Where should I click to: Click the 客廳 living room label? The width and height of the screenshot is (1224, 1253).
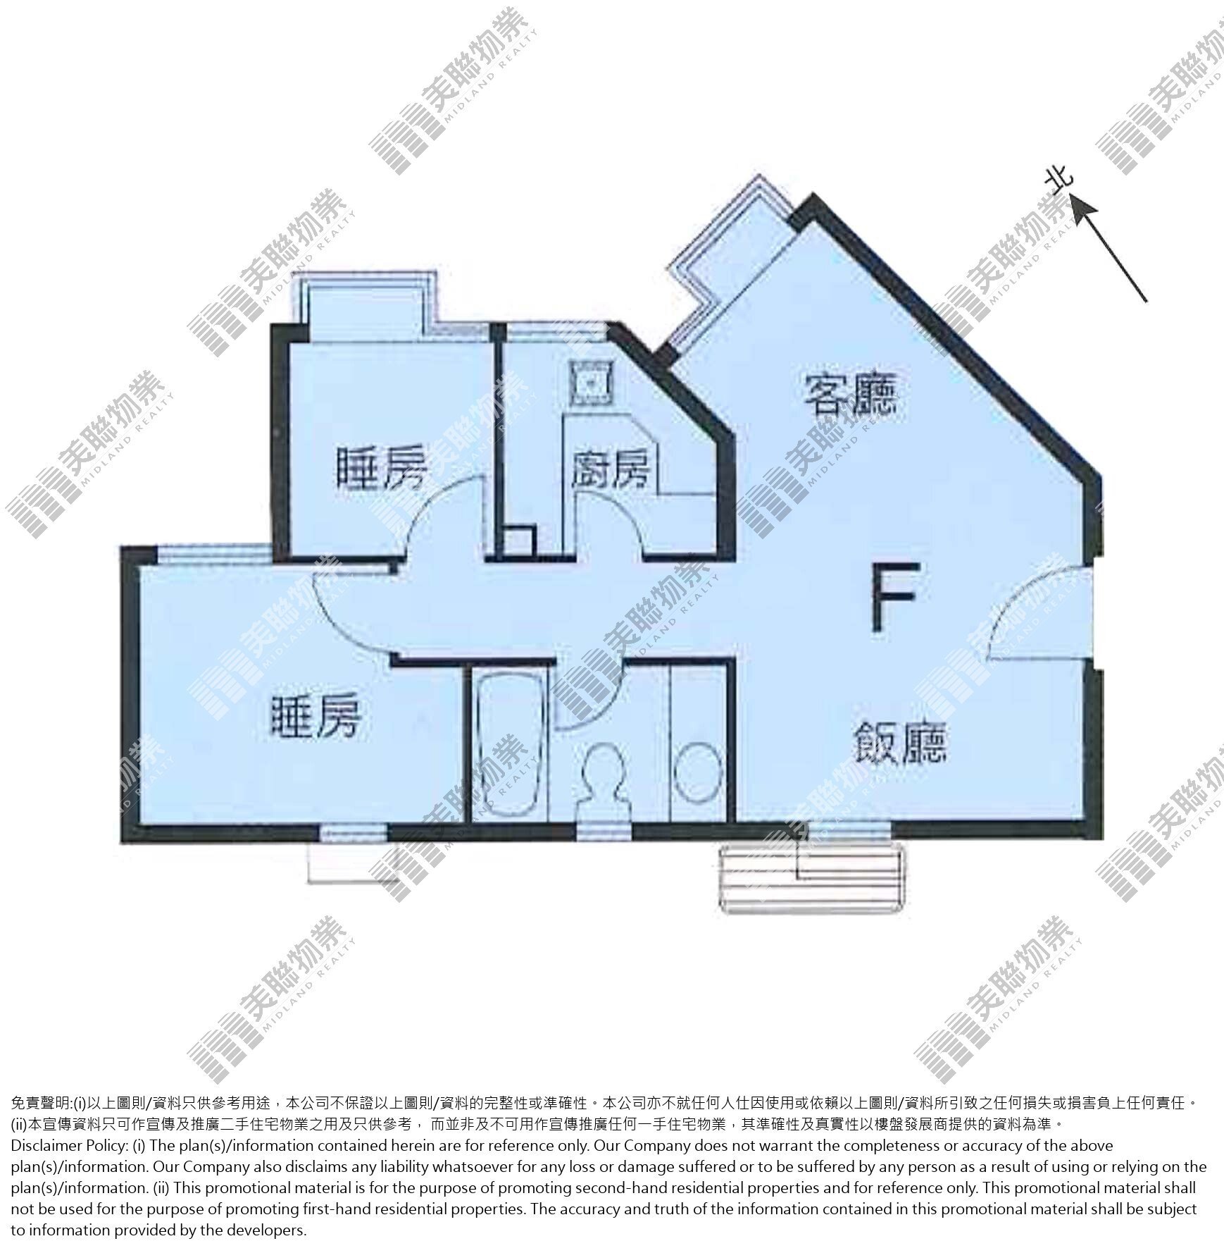(851, 395)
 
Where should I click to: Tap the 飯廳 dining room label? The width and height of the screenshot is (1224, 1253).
(899, 743)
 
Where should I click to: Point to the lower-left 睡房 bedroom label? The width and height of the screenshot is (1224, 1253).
(317, 717)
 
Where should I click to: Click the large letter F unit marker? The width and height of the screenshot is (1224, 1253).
(894, 596)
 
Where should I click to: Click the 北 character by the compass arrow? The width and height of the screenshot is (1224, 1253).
(1059, 181)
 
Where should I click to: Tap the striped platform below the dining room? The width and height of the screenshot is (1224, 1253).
(811, 877)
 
